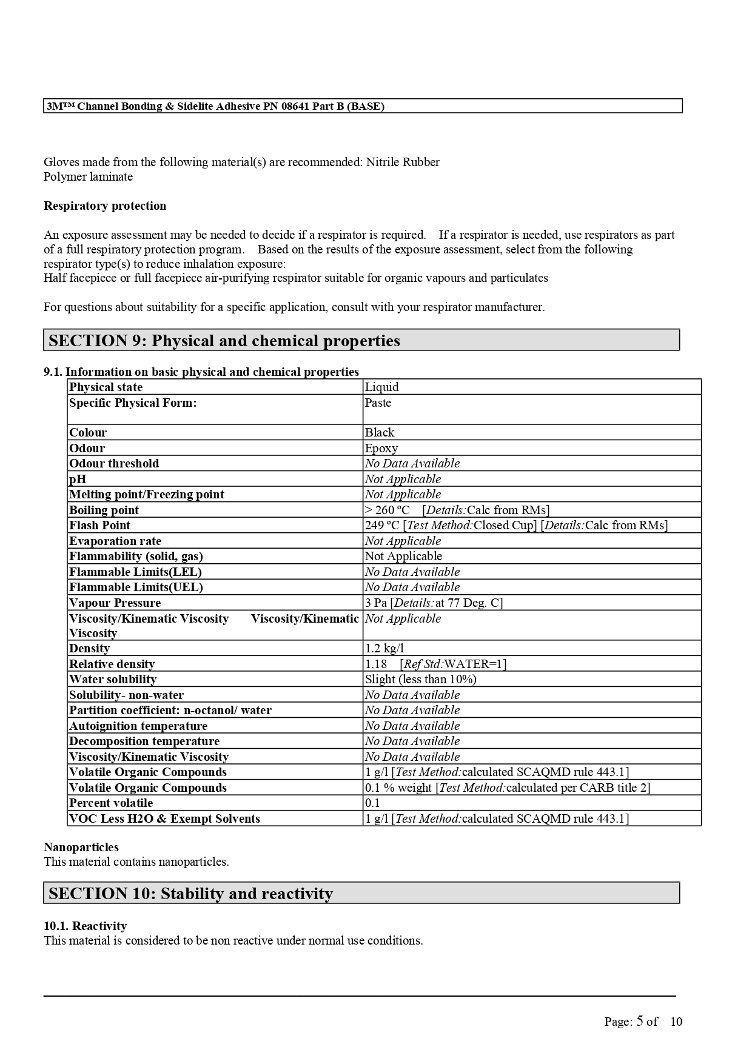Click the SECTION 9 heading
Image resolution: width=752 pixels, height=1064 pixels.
coord(224,341)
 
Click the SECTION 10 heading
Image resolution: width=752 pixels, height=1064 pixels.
coord(190,894)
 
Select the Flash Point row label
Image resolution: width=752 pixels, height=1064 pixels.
coord(99,526)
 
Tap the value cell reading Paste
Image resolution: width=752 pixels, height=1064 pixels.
coord(378,403)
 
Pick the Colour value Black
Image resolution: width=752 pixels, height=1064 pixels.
coord(380,433)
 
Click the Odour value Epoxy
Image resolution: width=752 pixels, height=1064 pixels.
coord(381,449)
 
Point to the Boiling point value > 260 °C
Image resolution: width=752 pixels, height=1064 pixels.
coord(388,510)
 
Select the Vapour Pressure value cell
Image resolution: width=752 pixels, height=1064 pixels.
coord(434,603)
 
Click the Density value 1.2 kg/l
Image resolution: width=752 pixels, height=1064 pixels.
coord(384,649)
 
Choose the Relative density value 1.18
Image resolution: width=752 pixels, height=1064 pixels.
coord(376,664)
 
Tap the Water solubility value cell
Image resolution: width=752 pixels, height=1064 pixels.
coord(420,680)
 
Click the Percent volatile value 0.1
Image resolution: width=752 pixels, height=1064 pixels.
coord(372,803)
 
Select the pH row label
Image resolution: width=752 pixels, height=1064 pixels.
coord(78,480)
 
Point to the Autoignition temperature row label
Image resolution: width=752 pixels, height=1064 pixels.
coord(138,726)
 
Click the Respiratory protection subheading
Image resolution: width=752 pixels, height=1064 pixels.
coord(105,206)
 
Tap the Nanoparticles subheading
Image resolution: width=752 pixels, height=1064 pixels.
coord(81,848)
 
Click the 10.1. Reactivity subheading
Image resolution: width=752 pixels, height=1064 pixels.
coord(85,926)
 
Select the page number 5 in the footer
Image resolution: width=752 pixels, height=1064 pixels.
coord(640,1021)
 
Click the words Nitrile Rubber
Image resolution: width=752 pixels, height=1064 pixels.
coord(403,162)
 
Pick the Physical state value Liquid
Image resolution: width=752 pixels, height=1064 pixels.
coord(382,387)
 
